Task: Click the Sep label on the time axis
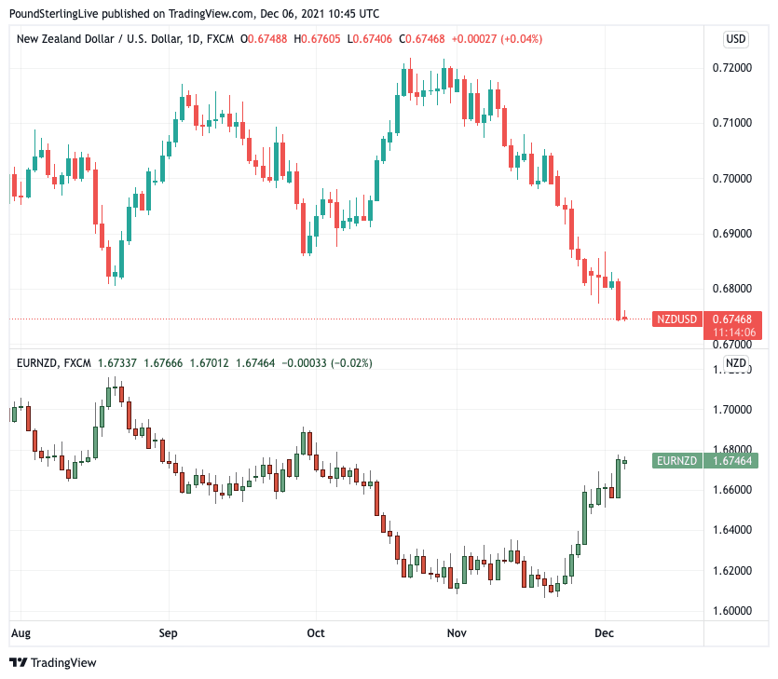(168, 632)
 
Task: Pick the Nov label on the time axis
(456, 632)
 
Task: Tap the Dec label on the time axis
(605, 632)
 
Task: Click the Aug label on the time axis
(20, 632)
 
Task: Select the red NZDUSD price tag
(676, 319)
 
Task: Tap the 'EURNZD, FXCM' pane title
(54, 362)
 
